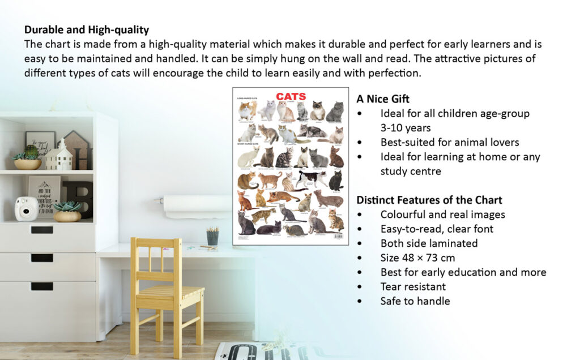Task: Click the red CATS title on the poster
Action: tap(291, 97)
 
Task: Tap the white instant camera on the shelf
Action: tap(25, 208)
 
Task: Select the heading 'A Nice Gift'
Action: tap(383, 98)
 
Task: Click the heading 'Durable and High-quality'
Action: tap(87, 29)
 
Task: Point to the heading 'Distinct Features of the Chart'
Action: tap(429, 200)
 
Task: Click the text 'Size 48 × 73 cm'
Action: tap(417, 258)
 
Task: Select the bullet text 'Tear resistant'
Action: tap(413, 286)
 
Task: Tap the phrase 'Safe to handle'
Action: tap(415, 301)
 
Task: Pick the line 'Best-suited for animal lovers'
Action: tap(450, 142)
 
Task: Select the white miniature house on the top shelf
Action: tap(59, 156)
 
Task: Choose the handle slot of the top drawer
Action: tap(42, 230)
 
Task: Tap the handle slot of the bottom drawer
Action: tap(42, 286)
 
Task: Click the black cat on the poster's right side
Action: tap(336, 181)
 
